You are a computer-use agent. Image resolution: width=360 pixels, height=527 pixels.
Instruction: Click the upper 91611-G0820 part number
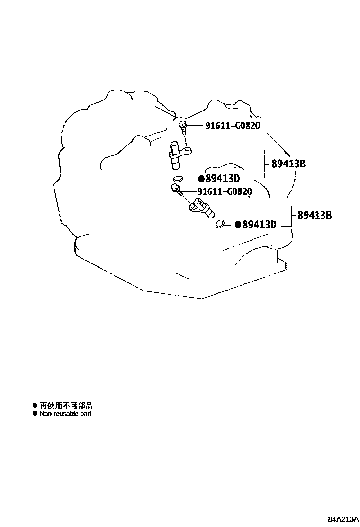click(233, 126)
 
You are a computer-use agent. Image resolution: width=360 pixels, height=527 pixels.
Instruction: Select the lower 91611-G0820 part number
click(225, 191)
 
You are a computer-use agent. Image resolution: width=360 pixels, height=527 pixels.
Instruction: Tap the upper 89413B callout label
click(288, 164)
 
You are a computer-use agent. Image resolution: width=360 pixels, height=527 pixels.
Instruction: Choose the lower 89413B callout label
click(315, 215)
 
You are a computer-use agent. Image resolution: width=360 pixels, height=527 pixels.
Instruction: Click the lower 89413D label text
click(259, 225)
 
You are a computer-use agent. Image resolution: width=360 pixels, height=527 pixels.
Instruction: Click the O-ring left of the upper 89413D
click(178, 179)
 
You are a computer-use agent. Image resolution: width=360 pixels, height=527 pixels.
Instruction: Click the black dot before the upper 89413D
click(201, 179)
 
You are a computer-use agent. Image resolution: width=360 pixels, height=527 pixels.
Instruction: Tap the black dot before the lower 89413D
click(238, 225)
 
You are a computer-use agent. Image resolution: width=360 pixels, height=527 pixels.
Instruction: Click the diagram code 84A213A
click(342, 518)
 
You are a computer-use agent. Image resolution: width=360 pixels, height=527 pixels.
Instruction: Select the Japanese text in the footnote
click(66, 406)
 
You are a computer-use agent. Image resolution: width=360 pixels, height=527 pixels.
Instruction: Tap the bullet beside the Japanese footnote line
click(35, 406)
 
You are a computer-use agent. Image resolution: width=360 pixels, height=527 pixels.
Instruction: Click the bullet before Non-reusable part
click(35, 414)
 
